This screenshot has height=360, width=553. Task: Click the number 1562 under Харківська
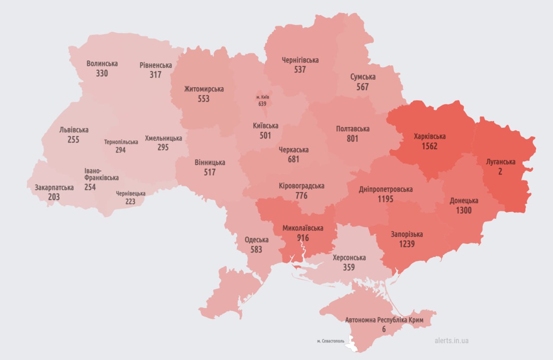pos(429,146)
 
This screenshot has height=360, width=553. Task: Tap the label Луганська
pos(500,162)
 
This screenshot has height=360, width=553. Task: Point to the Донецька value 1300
pos(464,211)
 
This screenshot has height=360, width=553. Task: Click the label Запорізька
pos(407,234)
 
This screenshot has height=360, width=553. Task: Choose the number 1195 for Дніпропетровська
pos(385,199)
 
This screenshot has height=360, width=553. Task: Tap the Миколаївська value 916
pos(303,238)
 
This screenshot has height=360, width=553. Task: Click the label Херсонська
pos(349,258)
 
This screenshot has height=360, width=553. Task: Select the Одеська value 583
pos(256,249)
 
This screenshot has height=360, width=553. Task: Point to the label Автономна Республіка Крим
pos(383,320)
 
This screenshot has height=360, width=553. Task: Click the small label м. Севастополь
pos(331,341)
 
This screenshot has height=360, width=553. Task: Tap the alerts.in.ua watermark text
pos(451,341)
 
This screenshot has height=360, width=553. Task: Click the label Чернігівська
pos(300,60)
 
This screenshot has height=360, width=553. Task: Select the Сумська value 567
pos(362,87)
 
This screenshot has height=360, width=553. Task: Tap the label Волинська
pos(102,63)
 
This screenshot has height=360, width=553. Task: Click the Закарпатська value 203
pos(54,197)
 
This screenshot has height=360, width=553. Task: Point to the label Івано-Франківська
pos(102,174)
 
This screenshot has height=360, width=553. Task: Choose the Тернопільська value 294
pos(121,150)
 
